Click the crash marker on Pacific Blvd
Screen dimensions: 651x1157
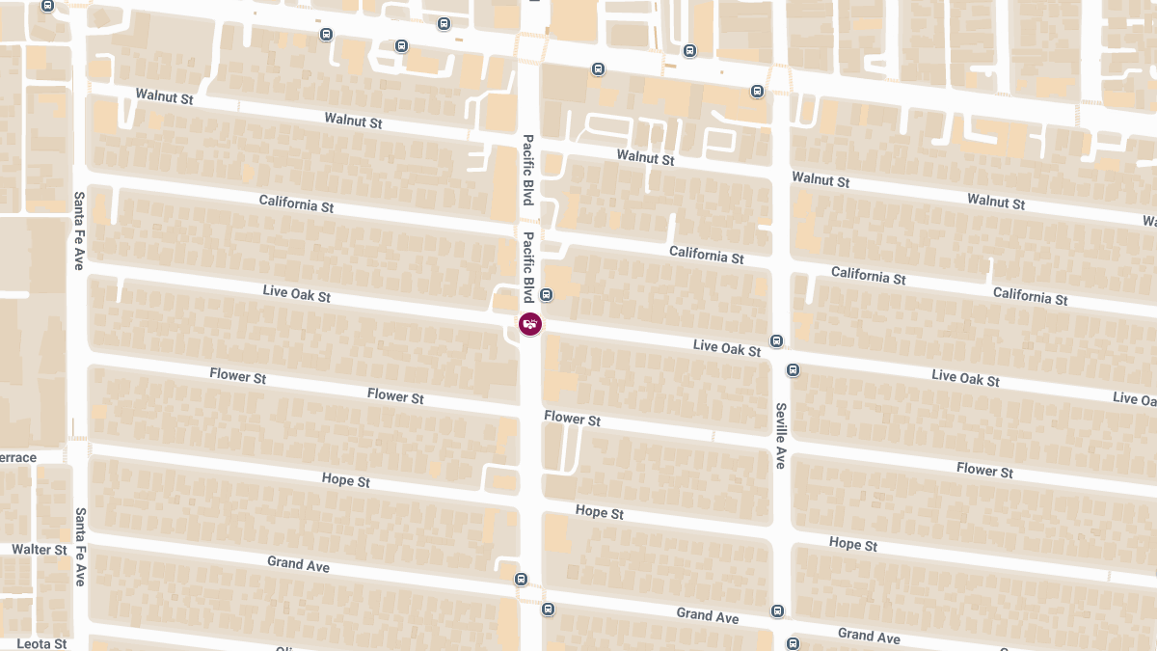pos(530,324)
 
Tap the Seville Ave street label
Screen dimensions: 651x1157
pos(780,436)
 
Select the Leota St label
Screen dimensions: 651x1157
pos(41,643)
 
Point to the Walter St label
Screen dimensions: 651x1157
pos(40,550)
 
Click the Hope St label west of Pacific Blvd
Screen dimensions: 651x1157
pos(346,480)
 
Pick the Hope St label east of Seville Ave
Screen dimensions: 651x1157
pos(853,544)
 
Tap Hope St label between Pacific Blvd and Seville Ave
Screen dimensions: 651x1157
pos(600,512)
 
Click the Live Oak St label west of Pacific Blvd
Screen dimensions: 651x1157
pos(297,293)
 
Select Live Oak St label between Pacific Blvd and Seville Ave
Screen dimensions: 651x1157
pos(727,347)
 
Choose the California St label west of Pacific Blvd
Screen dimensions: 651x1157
pos(297,204)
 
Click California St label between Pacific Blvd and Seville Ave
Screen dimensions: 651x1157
pos(707,256)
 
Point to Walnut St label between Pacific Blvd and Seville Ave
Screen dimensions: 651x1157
pos(646,157)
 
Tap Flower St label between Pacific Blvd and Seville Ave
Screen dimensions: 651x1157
pos(573,419)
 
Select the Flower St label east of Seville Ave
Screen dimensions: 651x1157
pos(984,470)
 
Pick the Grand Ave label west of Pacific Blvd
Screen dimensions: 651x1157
pos(299,563)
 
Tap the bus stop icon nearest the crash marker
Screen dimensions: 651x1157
pos(547,295)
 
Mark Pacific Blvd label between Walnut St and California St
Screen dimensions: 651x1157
pos(528,170)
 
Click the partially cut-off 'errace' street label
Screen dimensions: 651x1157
pos(18,457)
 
